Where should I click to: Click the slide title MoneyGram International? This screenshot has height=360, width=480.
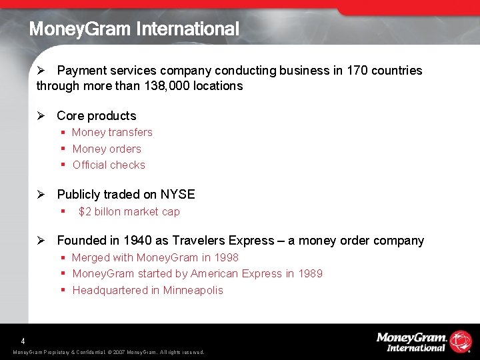(134, 29)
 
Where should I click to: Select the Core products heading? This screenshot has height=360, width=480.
(96, 115)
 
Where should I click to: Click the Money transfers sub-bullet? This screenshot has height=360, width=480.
(112, 132)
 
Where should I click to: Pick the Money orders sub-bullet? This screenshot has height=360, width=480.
(107, 149)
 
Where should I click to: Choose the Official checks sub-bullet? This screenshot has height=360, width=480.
(109, 165)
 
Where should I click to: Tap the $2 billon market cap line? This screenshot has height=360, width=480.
(129, 211)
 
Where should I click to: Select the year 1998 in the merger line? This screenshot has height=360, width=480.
(227, 257)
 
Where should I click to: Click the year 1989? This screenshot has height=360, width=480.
(311, 273)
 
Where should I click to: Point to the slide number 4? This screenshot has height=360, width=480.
(23, 339)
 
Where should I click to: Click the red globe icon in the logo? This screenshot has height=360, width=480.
(461, 341)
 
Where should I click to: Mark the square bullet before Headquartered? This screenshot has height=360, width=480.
(63, 290)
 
